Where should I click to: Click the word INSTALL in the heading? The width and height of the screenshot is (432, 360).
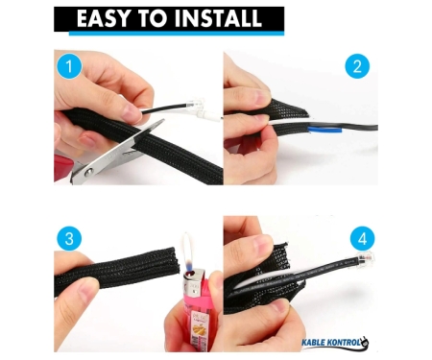tap(219, 18)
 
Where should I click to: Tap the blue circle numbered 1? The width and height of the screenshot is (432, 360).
tap(69, 66)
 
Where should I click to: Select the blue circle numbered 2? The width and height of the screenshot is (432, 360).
tap(357, 66)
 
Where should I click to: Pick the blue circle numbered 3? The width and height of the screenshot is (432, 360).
tap(69, 239)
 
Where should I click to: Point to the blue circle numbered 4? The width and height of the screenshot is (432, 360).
tap(362, 239)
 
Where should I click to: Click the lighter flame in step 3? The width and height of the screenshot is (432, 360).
tap(188, 252)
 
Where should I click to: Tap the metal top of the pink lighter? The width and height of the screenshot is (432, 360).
tap(194, 281)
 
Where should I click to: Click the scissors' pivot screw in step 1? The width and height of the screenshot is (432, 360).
tap(87, 173)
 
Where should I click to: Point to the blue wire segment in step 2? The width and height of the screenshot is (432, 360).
tap(324, 130)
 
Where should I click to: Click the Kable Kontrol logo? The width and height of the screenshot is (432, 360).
tap(335, 343)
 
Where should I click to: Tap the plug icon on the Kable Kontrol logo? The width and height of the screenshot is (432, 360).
tap(364, 343)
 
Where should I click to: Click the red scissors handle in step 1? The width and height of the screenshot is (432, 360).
tap(64, 167)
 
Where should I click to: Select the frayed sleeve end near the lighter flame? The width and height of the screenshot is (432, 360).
tap(173, 261)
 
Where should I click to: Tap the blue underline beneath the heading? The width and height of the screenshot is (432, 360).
tap(177, 34)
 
